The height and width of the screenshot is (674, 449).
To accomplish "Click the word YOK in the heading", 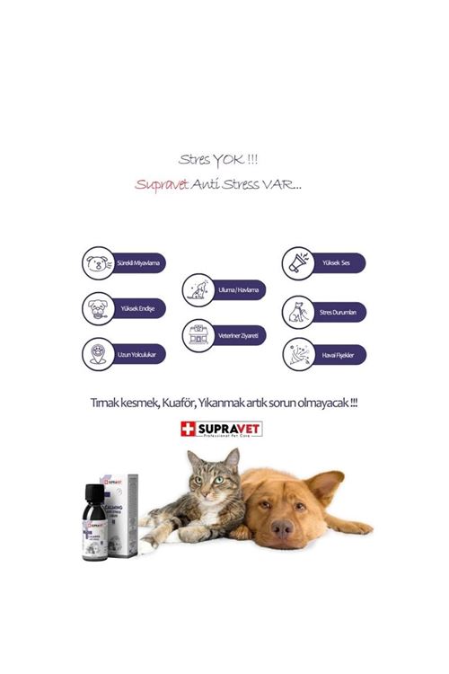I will coord(227,160).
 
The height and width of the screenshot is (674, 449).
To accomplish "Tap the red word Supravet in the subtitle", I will coord(161,183).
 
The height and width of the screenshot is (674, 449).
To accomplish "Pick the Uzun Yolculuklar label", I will coord(136,354).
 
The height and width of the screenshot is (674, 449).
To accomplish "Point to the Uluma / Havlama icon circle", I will coord(198,289).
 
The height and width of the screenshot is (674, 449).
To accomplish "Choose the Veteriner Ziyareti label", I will coord(237,335).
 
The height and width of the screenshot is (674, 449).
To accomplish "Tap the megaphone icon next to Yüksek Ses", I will coord(298,262).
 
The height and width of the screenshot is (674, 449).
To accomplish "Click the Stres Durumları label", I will coord(338,313).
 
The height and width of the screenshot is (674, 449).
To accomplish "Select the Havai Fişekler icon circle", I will coord(298,355).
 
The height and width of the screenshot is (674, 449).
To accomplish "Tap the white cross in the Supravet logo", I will coord(189,429).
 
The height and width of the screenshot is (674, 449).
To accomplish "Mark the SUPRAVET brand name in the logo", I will coord(229,428).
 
